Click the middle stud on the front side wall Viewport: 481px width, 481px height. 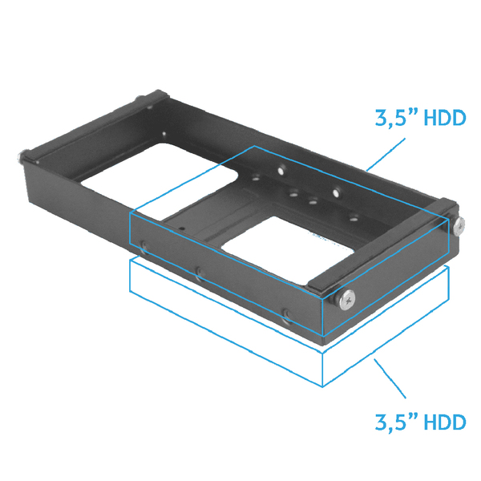click(x=200, y=275)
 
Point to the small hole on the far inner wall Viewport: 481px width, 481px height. click(x=164, y=135)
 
